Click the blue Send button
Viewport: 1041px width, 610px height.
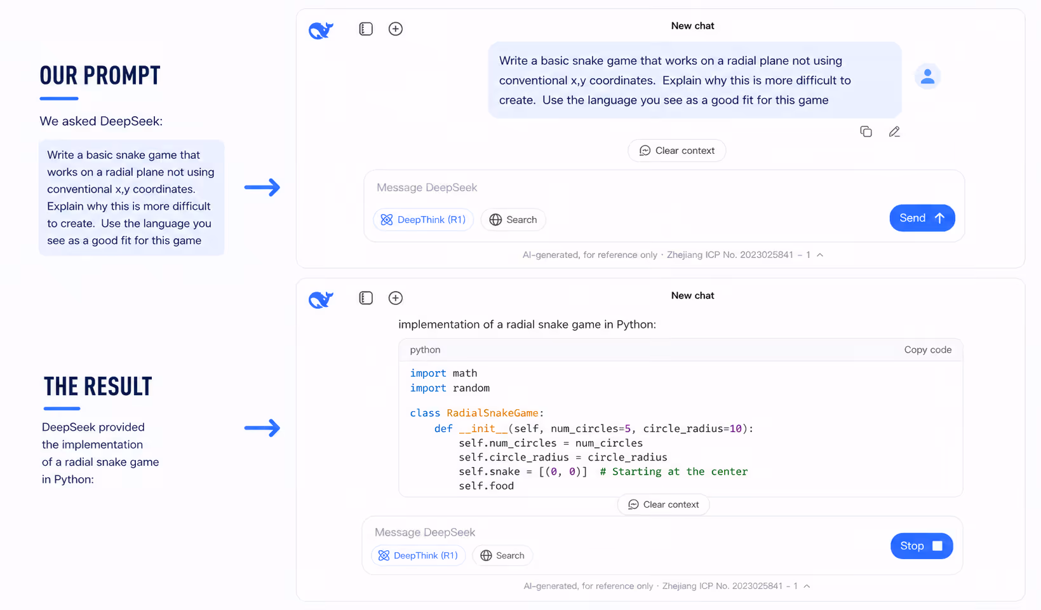tap(922, 218)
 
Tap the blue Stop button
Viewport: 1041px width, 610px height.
tap(922, 546)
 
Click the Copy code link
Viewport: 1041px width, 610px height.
tap(927, 349)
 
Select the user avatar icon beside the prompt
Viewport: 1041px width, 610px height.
tap(927, 76)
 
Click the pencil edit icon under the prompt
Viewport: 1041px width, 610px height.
tap(894, 132)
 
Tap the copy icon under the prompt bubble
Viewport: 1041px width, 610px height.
tap(866, 132)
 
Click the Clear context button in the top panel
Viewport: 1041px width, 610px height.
tap(676, 151)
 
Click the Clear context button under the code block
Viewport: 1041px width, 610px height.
tap(663, 505)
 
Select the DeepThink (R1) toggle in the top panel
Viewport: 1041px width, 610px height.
tap(423, 219)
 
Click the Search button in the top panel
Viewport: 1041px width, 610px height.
tap(513, 219)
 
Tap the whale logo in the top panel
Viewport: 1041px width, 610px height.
tap(321, 30)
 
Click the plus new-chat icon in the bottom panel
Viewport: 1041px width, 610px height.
tap(396, 298)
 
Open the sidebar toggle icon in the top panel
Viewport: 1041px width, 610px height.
tap(366, 29)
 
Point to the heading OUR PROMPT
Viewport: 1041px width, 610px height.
tap(100, 76)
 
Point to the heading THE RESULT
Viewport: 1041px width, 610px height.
tap(98, 386)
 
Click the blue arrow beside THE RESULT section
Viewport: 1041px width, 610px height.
tap(262, 428)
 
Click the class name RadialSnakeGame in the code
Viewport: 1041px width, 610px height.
tap(492, 413)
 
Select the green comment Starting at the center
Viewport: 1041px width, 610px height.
tap(674, 471)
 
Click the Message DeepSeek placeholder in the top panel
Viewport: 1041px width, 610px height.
tap(427, 187)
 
